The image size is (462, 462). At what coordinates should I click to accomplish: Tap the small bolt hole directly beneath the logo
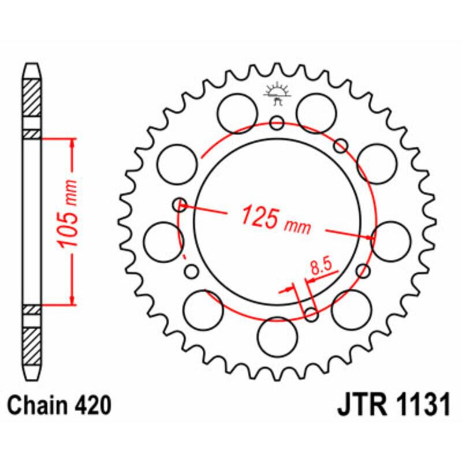[x=277, y=122]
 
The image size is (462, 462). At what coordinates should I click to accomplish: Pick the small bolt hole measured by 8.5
[x=311, y=315]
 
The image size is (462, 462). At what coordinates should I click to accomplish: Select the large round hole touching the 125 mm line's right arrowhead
[x=390, y=238]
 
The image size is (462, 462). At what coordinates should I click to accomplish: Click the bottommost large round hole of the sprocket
[x=276, y=337]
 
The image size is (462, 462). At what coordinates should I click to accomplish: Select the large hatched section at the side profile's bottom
[x=32, y=345]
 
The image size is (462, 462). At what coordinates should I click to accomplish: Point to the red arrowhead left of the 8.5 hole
[x=289, y=289]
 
